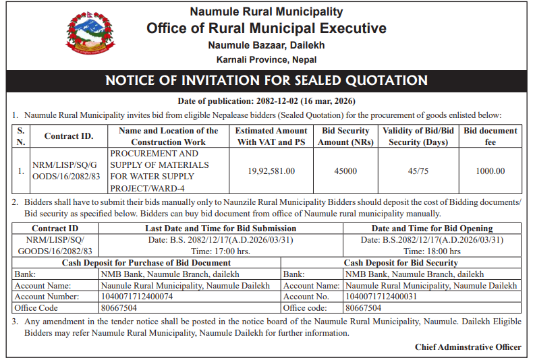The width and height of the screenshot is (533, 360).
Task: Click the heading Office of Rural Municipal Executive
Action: click(266, 28)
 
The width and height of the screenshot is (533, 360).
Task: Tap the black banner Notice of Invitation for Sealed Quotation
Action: click(266, 81)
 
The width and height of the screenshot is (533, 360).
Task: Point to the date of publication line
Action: click(266, 100)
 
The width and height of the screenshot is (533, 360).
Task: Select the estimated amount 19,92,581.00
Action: click(271, 171)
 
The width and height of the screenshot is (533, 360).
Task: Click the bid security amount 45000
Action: click(345, 171)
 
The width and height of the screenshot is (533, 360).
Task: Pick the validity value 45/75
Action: click(418, 171)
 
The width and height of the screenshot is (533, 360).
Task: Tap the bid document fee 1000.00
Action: click(490, 171)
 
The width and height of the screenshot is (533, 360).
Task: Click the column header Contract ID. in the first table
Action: click(69, 136)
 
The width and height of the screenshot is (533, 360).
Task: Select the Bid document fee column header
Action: click(490, 136)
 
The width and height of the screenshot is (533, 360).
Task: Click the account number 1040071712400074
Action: click(137, 297)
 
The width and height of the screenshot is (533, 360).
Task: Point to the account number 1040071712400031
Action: click(381, 297)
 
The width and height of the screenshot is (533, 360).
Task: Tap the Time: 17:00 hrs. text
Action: click(221, 251)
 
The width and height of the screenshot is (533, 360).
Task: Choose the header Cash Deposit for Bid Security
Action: click(401, 263)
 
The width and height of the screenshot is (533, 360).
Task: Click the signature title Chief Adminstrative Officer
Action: click(468, 347)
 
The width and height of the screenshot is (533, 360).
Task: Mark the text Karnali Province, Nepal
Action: click(266, 59)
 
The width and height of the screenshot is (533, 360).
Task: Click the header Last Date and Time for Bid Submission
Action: click(221, 229)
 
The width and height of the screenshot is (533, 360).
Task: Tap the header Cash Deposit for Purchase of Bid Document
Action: click(146, 263)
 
